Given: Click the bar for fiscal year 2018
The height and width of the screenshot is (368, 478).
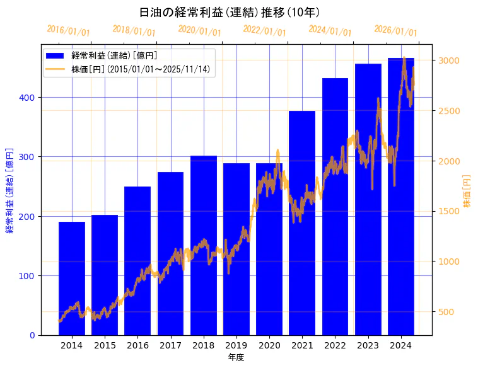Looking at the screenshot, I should (x=204, y=246).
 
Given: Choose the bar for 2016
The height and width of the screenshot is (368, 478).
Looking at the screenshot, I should (x=137, y=261).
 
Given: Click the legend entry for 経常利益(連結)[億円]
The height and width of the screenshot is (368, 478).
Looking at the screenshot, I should (x=114, y=56).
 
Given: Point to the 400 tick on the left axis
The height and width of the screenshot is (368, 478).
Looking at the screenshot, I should (x=29, y=98).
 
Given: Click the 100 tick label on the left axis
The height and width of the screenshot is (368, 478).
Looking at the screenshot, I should (x=29, y=276).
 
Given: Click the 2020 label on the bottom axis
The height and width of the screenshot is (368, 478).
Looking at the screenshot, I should (x=269, y=345).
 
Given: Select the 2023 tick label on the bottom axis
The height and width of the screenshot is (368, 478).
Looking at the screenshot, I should (x=368, y=345).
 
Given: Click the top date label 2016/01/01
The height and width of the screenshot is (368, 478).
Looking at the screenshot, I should (x=69, y=31).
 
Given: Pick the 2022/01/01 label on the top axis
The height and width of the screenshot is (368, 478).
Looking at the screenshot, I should (x=264, y=31).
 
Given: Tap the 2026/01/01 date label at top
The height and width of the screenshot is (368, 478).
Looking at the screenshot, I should (x=395, y=31).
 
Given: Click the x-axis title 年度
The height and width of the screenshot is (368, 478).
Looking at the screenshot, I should (x=236, y=357).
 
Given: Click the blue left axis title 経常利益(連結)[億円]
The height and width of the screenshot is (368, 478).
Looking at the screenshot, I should (x=9, y=190).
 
